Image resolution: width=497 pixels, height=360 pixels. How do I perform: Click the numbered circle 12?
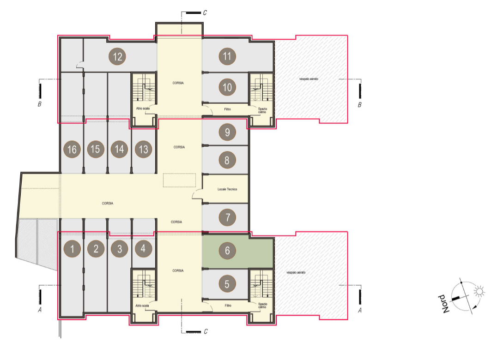(x=117, y=57)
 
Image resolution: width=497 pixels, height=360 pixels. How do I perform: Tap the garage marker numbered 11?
(x=227, y=56)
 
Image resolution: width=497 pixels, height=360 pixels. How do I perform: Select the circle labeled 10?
(x=227, y=87)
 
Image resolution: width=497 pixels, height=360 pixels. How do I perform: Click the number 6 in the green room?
(x=227, y=251)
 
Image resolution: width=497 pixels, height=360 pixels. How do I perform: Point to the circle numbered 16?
(x=72, y=149)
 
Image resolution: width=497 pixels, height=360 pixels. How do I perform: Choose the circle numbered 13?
(x=143, y=149)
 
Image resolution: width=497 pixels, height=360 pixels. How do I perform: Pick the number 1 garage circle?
(x=72, y=249)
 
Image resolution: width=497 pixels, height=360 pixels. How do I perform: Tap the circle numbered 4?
(x=143, y=249)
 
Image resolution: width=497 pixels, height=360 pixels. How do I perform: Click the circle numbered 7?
(x=227, y=217)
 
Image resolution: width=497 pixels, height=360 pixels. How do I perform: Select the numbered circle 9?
(x=227, y=132)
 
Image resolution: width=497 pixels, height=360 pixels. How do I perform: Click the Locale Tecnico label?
(x=227, y=189)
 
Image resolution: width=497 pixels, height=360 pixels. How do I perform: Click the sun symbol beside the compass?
(x=479, y=291)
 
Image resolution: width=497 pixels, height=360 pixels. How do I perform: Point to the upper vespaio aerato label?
(x=309, y=79)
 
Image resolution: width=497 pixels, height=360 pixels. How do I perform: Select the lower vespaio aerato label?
(x=296, y=272)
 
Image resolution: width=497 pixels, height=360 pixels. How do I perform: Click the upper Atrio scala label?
(x=143, y=108)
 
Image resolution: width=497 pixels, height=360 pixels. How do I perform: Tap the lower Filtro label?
(x=228, y=306)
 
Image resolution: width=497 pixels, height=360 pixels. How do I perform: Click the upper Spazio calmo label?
(x=262, y=110)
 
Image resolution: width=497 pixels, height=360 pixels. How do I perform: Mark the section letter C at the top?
(x=205, y=12)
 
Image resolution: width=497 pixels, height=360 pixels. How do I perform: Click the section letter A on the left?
(x=40, y=310)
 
